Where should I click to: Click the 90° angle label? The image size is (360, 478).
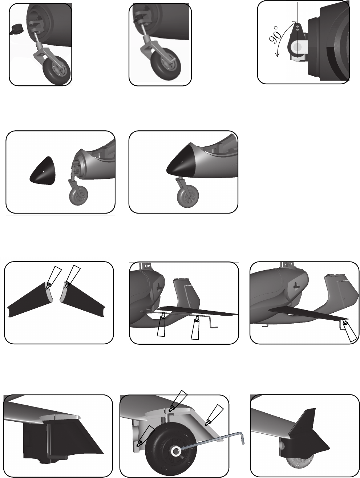pyautogui.click(x=274, y=35)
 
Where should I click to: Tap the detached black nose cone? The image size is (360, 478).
pyautogui.click(x=43, y=171)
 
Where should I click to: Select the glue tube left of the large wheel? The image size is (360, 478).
pyautogui.click(x=146, y=435)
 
